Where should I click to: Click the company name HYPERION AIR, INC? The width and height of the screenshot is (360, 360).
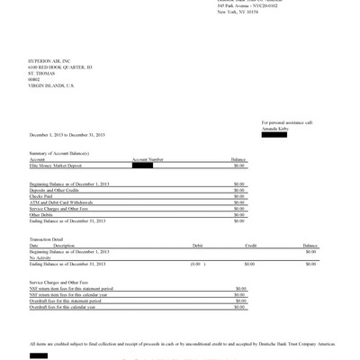49,60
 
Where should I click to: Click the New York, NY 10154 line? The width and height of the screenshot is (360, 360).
237,16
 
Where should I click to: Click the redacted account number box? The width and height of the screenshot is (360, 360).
141,166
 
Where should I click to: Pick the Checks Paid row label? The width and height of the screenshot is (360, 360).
41,195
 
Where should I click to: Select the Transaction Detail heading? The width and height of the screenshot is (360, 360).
48,239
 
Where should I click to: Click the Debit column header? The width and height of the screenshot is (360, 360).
197,245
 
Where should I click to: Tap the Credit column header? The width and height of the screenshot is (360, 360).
250,245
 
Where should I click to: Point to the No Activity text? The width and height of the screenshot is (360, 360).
40,256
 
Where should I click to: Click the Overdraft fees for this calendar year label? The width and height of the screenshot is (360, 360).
68,308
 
